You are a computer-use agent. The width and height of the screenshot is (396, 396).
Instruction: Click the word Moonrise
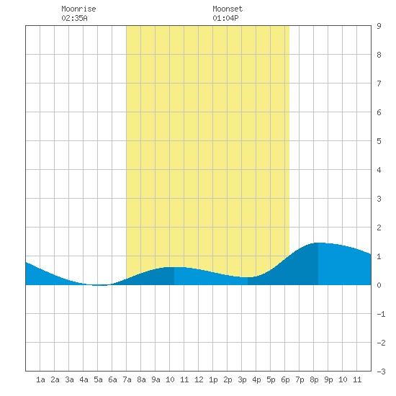point(78,9)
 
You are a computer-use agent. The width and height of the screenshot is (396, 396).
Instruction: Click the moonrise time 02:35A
point(74,18)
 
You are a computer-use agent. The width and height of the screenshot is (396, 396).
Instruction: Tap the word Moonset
point(228,9)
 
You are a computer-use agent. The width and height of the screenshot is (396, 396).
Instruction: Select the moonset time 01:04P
point(225,18)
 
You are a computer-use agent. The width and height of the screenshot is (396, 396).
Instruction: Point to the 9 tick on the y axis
point(379,26)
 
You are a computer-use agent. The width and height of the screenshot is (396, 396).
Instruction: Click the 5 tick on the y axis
point(379,141)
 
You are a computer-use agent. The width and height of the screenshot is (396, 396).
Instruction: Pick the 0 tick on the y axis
point(379,285)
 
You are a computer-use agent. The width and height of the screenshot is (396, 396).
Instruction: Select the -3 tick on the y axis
point(381,372)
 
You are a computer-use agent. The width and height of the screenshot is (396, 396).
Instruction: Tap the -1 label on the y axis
point(381,314)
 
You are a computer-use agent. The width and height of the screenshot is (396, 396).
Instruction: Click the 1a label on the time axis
point(40,379)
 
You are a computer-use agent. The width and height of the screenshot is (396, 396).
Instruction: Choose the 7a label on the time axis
point(127,379)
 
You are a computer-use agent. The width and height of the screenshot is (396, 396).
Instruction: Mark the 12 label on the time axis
point(199,379)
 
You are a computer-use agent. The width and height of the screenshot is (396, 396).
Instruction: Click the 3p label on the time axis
point(242,379)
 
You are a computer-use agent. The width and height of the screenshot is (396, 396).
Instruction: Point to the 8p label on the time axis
point(314,379)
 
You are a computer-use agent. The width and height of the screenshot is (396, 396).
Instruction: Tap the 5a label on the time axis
point(98,379)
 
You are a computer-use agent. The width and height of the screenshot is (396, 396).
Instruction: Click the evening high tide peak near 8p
point(318,243)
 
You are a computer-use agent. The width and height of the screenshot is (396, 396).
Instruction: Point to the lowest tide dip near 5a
point(100,285)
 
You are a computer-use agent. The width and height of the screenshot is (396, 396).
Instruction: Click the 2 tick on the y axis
point(379,228)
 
